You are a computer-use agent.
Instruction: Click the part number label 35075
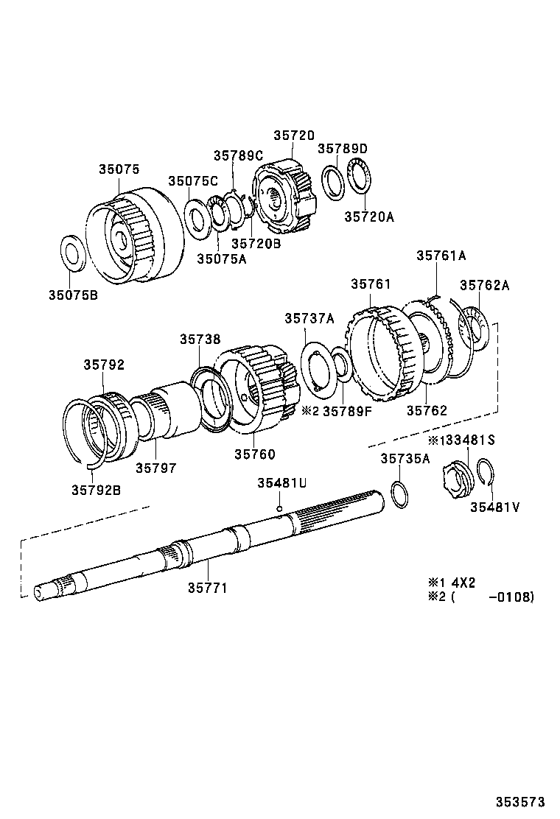point(119,169)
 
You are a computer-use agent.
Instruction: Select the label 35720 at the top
point(294,136)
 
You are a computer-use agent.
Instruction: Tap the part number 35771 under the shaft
point(206,588)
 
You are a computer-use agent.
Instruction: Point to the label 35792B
point(96,488)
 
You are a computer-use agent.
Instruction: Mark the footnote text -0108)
point(511,597)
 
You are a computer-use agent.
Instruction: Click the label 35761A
point(441,256)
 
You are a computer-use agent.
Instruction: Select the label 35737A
point(309,317)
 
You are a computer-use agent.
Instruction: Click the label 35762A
point(484,284)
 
